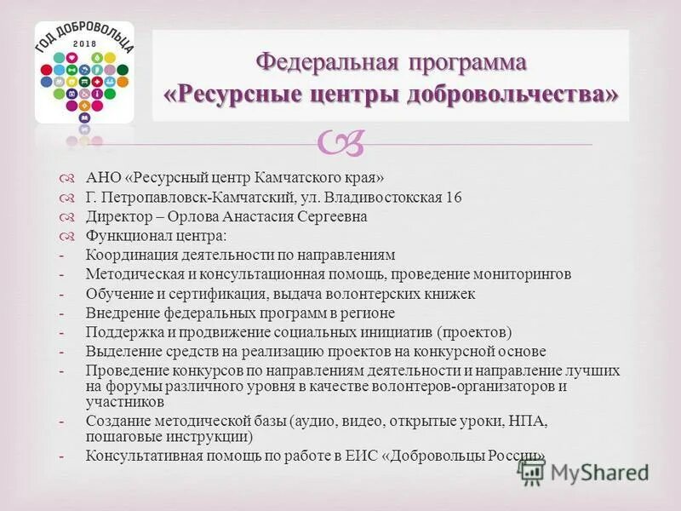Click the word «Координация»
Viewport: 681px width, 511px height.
click(x=128, y=255)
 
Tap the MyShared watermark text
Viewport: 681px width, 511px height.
click(x=599, y=471)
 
